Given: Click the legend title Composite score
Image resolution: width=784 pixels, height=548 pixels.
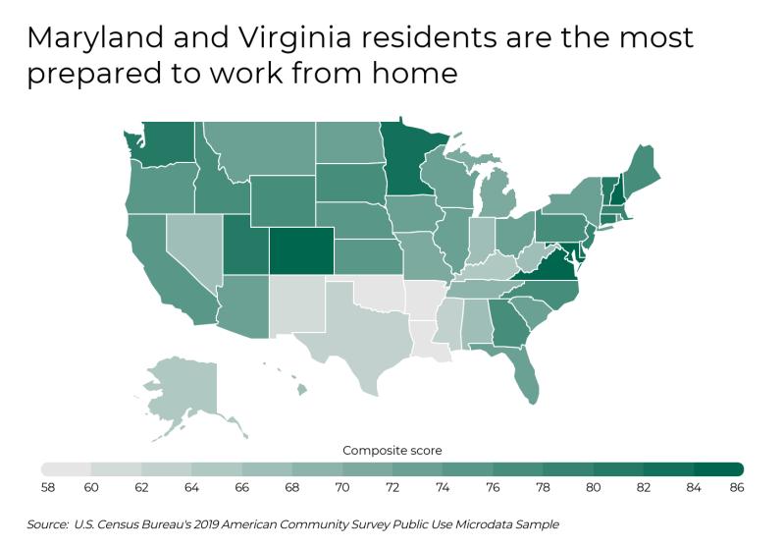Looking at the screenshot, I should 392,450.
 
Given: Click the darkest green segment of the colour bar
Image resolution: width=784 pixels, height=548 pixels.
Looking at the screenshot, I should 719,468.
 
